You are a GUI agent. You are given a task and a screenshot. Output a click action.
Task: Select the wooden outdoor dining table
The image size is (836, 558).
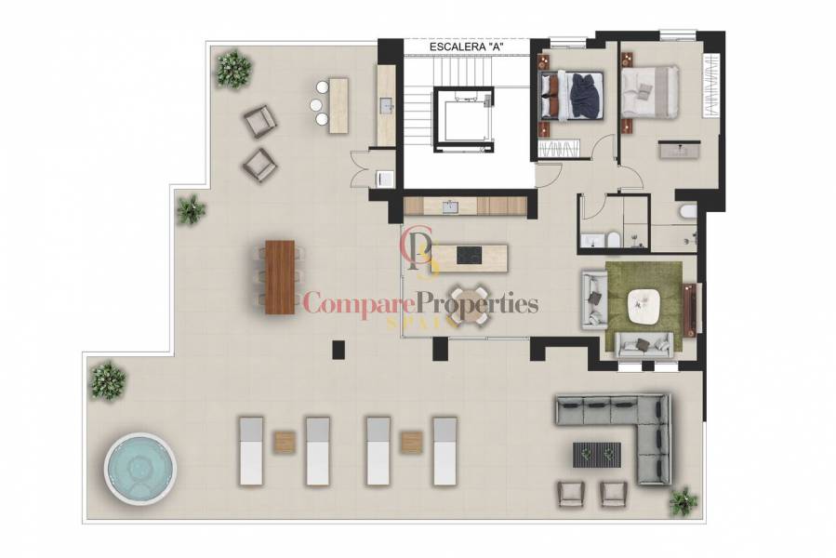[278, 276]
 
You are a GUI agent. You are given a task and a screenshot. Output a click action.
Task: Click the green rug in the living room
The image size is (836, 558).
[645, 307]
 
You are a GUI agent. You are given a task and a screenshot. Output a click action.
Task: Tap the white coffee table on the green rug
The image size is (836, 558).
[648, 305]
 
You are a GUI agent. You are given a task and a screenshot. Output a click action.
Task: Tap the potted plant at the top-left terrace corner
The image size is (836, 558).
[232, 68]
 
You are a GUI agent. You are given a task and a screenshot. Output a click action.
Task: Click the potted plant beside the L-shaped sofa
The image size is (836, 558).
[683, 500]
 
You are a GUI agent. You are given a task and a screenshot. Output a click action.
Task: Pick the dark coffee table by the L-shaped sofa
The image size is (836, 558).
[595, 453]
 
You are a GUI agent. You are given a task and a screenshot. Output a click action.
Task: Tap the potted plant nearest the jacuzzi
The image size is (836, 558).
[108, 379]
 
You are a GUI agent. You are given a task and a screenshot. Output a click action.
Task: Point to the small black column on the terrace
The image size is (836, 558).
[338, 349]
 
